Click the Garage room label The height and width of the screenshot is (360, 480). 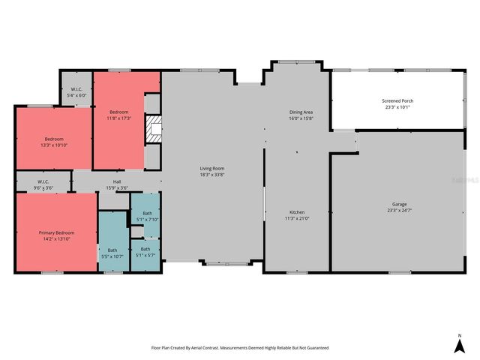point(399,204)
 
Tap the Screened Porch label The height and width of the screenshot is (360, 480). point(398,100)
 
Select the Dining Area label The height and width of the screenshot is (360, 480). point(301,112)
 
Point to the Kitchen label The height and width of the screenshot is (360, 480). point(296,211)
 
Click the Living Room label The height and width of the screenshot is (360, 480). point(212,169)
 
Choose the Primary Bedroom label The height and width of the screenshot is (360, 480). point(56,232)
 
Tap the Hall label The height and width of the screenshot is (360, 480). point(117,181)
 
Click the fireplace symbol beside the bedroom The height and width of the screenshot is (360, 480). point(152,128)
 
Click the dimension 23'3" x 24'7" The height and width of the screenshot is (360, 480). point(399,210)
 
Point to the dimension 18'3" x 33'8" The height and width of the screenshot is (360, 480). point(212,175)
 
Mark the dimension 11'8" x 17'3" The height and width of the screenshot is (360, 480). point(119,118)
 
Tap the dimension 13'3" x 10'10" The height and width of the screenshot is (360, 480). point(53,145)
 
